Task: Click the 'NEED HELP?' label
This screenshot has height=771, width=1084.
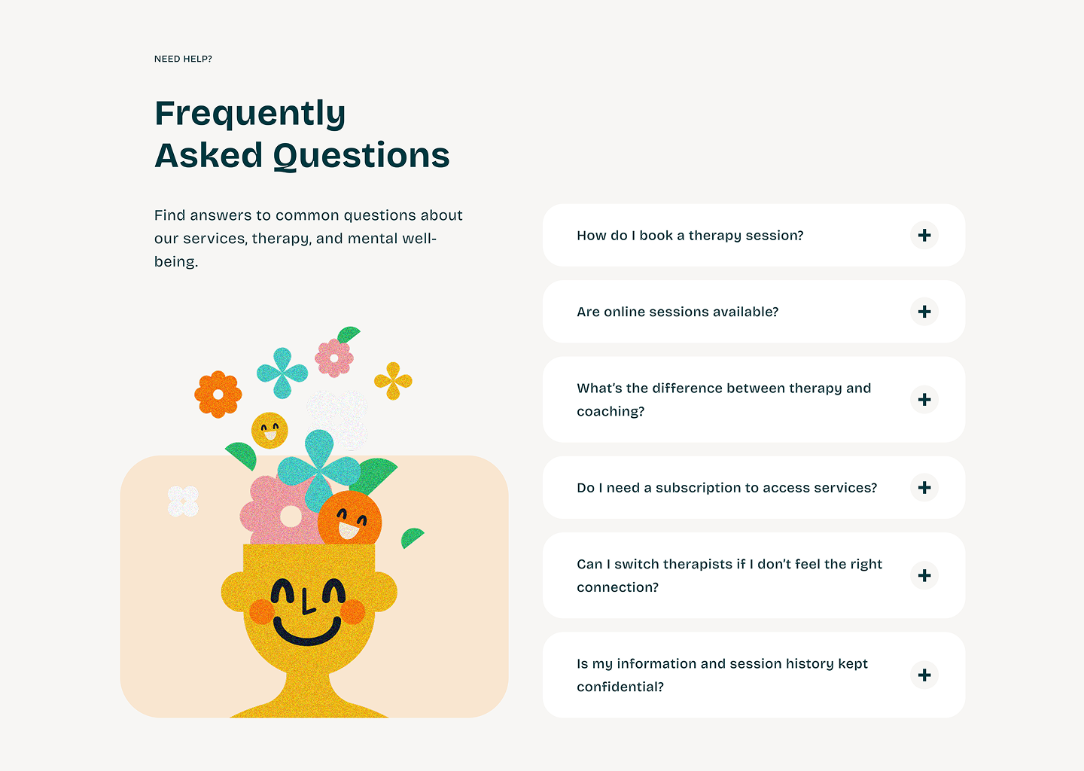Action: coord(183,59)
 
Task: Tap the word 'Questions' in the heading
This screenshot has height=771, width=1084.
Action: coord(361,156)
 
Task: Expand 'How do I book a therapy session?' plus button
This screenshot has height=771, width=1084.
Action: coord(924,235)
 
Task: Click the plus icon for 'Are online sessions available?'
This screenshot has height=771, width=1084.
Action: coord(924,312)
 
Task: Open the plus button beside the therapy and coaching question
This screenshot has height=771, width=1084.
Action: coord(924,400)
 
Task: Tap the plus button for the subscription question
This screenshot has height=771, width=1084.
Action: coord(924,487)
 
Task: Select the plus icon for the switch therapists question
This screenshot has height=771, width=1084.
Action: coord(924,575)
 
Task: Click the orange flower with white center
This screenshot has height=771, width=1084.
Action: coord(218,395)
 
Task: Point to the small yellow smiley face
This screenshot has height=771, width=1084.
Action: coord(269,430)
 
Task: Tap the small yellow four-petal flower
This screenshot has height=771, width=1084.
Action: coord(393,381)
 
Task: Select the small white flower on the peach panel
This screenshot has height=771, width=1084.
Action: coord(183,501)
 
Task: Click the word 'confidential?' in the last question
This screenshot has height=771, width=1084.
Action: coord(620,687)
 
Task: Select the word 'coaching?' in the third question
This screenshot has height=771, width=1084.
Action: coord(611,411)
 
